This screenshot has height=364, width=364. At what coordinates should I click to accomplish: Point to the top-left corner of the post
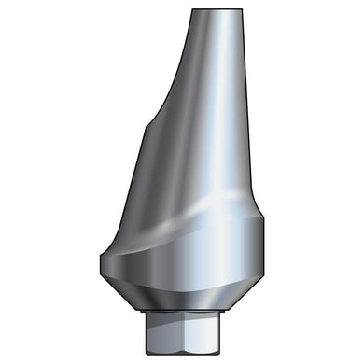pos(192,11)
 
